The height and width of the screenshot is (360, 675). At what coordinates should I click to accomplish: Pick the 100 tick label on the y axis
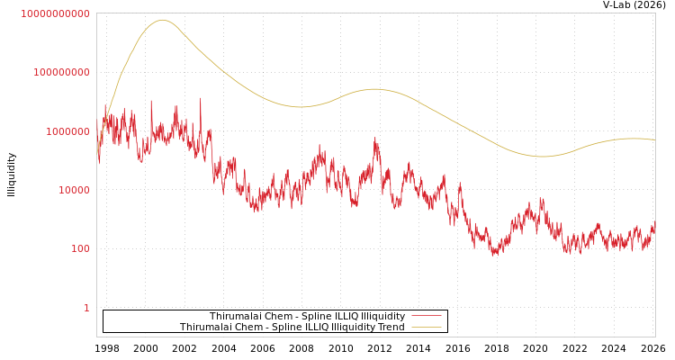80,249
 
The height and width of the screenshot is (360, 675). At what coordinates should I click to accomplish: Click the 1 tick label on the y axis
86,308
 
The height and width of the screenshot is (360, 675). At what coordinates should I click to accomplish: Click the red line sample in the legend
426,316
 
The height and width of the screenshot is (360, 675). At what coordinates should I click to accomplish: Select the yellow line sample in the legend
426,327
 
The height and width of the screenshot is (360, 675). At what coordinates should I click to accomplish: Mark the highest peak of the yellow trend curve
163,20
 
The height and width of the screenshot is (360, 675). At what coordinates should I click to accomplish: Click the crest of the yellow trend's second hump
374,89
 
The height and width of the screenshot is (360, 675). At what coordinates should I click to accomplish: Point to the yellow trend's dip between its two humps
300,107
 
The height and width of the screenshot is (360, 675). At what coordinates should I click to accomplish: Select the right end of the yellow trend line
654,139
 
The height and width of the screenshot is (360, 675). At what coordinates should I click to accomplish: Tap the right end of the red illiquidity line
654,225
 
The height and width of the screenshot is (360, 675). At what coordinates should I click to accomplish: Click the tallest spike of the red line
200,98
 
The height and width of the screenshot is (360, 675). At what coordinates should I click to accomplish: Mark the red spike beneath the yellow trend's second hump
375,139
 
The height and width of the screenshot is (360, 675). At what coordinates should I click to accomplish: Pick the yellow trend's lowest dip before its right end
543,157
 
